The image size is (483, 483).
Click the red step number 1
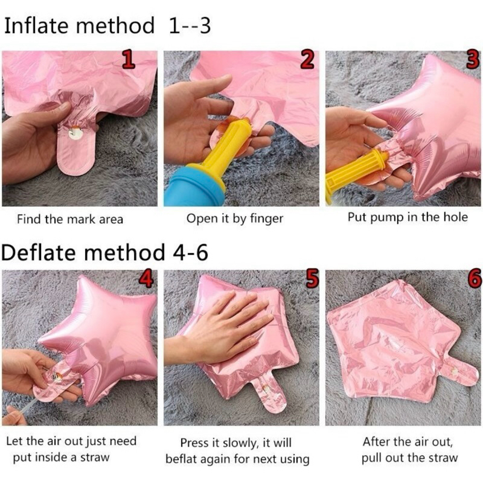click(128, 59)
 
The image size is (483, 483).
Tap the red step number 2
click(307, 59)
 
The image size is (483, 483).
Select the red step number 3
click(473, 59)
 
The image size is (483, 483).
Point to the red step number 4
click(146, 278)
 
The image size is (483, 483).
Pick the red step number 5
click(312, 278)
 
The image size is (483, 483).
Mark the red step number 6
click(475, 278)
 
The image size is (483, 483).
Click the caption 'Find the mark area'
click(70, 219)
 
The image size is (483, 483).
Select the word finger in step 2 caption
click(266, 219)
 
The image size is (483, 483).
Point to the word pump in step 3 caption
click(388, 218)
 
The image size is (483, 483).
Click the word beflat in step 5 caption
click(182, 459)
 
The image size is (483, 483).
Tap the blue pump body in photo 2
click(194, 187)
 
